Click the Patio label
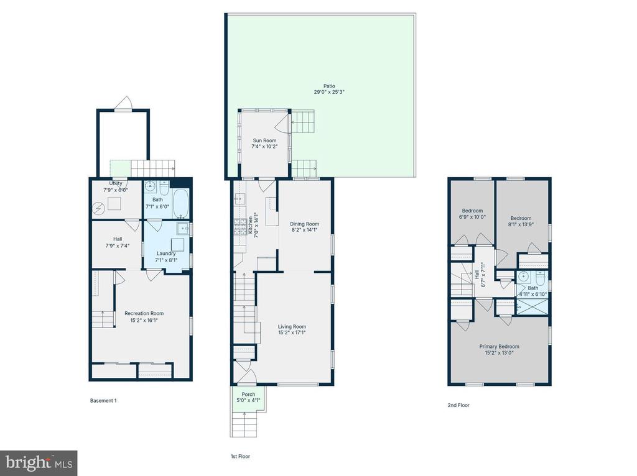point(329,86)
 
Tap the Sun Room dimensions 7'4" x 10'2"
point(264,147)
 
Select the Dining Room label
point(304,224)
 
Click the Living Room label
point(292,327)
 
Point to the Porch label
point(248,395)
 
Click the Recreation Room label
point(144,313)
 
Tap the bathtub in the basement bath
point(180,203)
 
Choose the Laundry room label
point(166,254)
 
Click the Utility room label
point(115,183)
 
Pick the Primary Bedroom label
point(500,347)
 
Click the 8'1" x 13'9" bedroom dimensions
point(521,224)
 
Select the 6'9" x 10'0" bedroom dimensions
point(473,217)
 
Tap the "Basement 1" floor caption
point(103,401)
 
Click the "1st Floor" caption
point(240,456)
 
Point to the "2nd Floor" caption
point(458,405)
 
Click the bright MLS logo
point(39,463)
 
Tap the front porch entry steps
point(244,424)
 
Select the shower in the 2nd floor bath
point(531,306)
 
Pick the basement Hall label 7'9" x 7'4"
point(118,242)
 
